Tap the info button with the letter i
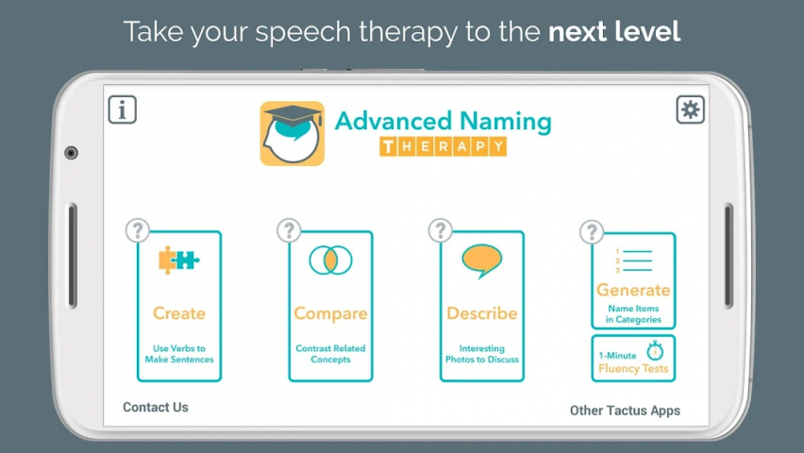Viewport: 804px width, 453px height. (x=122, y=109)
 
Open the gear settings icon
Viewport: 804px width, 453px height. (x=690, y=109)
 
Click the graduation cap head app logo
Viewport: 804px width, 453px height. (x=293, y=133)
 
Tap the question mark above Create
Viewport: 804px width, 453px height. (x=138, y=231)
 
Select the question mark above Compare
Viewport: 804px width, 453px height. (x=289, y=231)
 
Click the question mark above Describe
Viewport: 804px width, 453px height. (x=440, y=231)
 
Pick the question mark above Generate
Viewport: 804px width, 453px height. (x=592, y=232)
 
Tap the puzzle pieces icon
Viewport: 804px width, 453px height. (x=178, y=260)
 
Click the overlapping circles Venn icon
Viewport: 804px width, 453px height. (x=330, y=260)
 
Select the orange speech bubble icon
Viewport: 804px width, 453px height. (x=481, y=260)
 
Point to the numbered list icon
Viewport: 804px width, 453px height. (x=634, y=260)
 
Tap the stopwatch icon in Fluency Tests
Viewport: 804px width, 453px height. (x=655, y=350)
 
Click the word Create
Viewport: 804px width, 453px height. (x=179, y=313)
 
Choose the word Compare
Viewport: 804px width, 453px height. (x=330, y=313)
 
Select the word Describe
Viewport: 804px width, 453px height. (x=481, y=313)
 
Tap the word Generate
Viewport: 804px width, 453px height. (x=633, y=290)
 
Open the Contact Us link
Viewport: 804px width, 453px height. (x=156, y=407)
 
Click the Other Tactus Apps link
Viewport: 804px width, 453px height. (x=625, y=411)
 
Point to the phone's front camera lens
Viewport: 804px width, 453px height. (x=72, y=153)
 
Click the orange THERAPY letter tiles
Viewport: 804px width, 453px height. (x=443, y=146)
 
